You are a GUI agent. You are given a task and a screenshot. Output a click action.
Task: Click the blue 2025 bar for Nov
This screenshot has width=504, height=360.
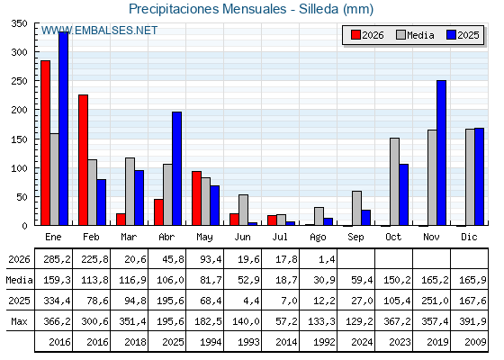(441, 153)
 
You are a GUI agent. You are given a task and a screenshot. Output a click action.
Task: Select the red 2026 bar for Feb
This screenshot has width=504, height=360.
(83, 160)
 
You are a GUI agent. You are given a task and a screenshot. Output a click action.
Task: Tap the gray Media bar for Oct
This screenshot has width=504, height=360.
(395, 182)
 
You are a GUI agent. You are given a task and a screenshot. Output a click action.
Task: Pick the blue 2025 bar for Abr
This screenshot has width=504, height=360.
(176, 168)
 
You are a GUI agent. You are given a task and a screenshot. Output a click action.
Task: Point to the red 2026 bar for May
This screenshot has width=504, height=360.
(197, 198)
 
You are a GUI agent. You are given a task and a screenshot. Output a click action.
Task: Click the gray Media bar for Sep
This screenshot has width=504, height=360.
(356, 208)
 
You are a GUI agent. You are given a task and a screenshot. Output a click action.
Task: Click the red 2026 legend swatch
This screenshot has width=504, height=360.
(355, 35)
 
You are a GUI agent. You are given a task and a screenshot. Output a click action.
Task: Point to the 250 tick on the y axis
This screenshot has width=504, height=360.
(19, 81)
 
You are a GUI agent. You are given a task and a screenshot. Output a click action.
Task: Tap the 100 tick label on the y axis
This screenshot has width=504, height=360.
(19, 168)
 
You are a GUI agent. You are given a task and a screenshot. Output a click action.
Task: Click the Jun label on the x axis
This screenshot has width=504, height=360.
(242, 237)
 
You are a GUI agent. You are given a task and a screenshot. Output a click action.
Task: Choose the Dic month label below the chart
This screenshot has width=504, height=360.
(469, 237)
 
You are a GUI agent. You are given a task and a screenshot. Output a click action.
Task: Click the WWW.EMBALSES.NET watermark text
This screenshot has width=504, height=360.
(99, 31)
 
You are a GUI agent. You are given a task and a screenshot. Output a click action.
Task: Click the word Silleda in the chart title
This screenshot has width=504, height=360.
(319, 9)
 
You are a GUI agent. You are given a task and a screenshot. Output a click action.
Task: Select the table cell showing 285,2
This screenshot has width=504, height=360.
(57, 259)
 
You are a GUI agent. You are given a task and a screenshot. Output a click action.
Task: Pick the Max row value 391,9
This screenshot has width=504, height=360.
(472, 321)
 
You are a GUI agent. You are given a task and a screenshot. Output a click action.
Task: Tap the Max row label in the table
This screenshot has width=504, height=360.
(19, 321)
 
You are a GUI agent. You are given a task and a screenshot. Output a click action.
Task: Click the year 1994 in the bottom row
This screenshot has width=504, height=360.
(211, 342)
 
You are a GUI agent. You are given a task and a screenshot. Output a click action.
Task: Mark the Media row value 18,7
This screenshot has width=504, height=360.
(286, 280)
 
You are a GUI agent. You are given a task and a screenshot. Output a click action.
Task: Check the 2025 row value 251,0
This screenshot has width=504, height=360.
(435, 301)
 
